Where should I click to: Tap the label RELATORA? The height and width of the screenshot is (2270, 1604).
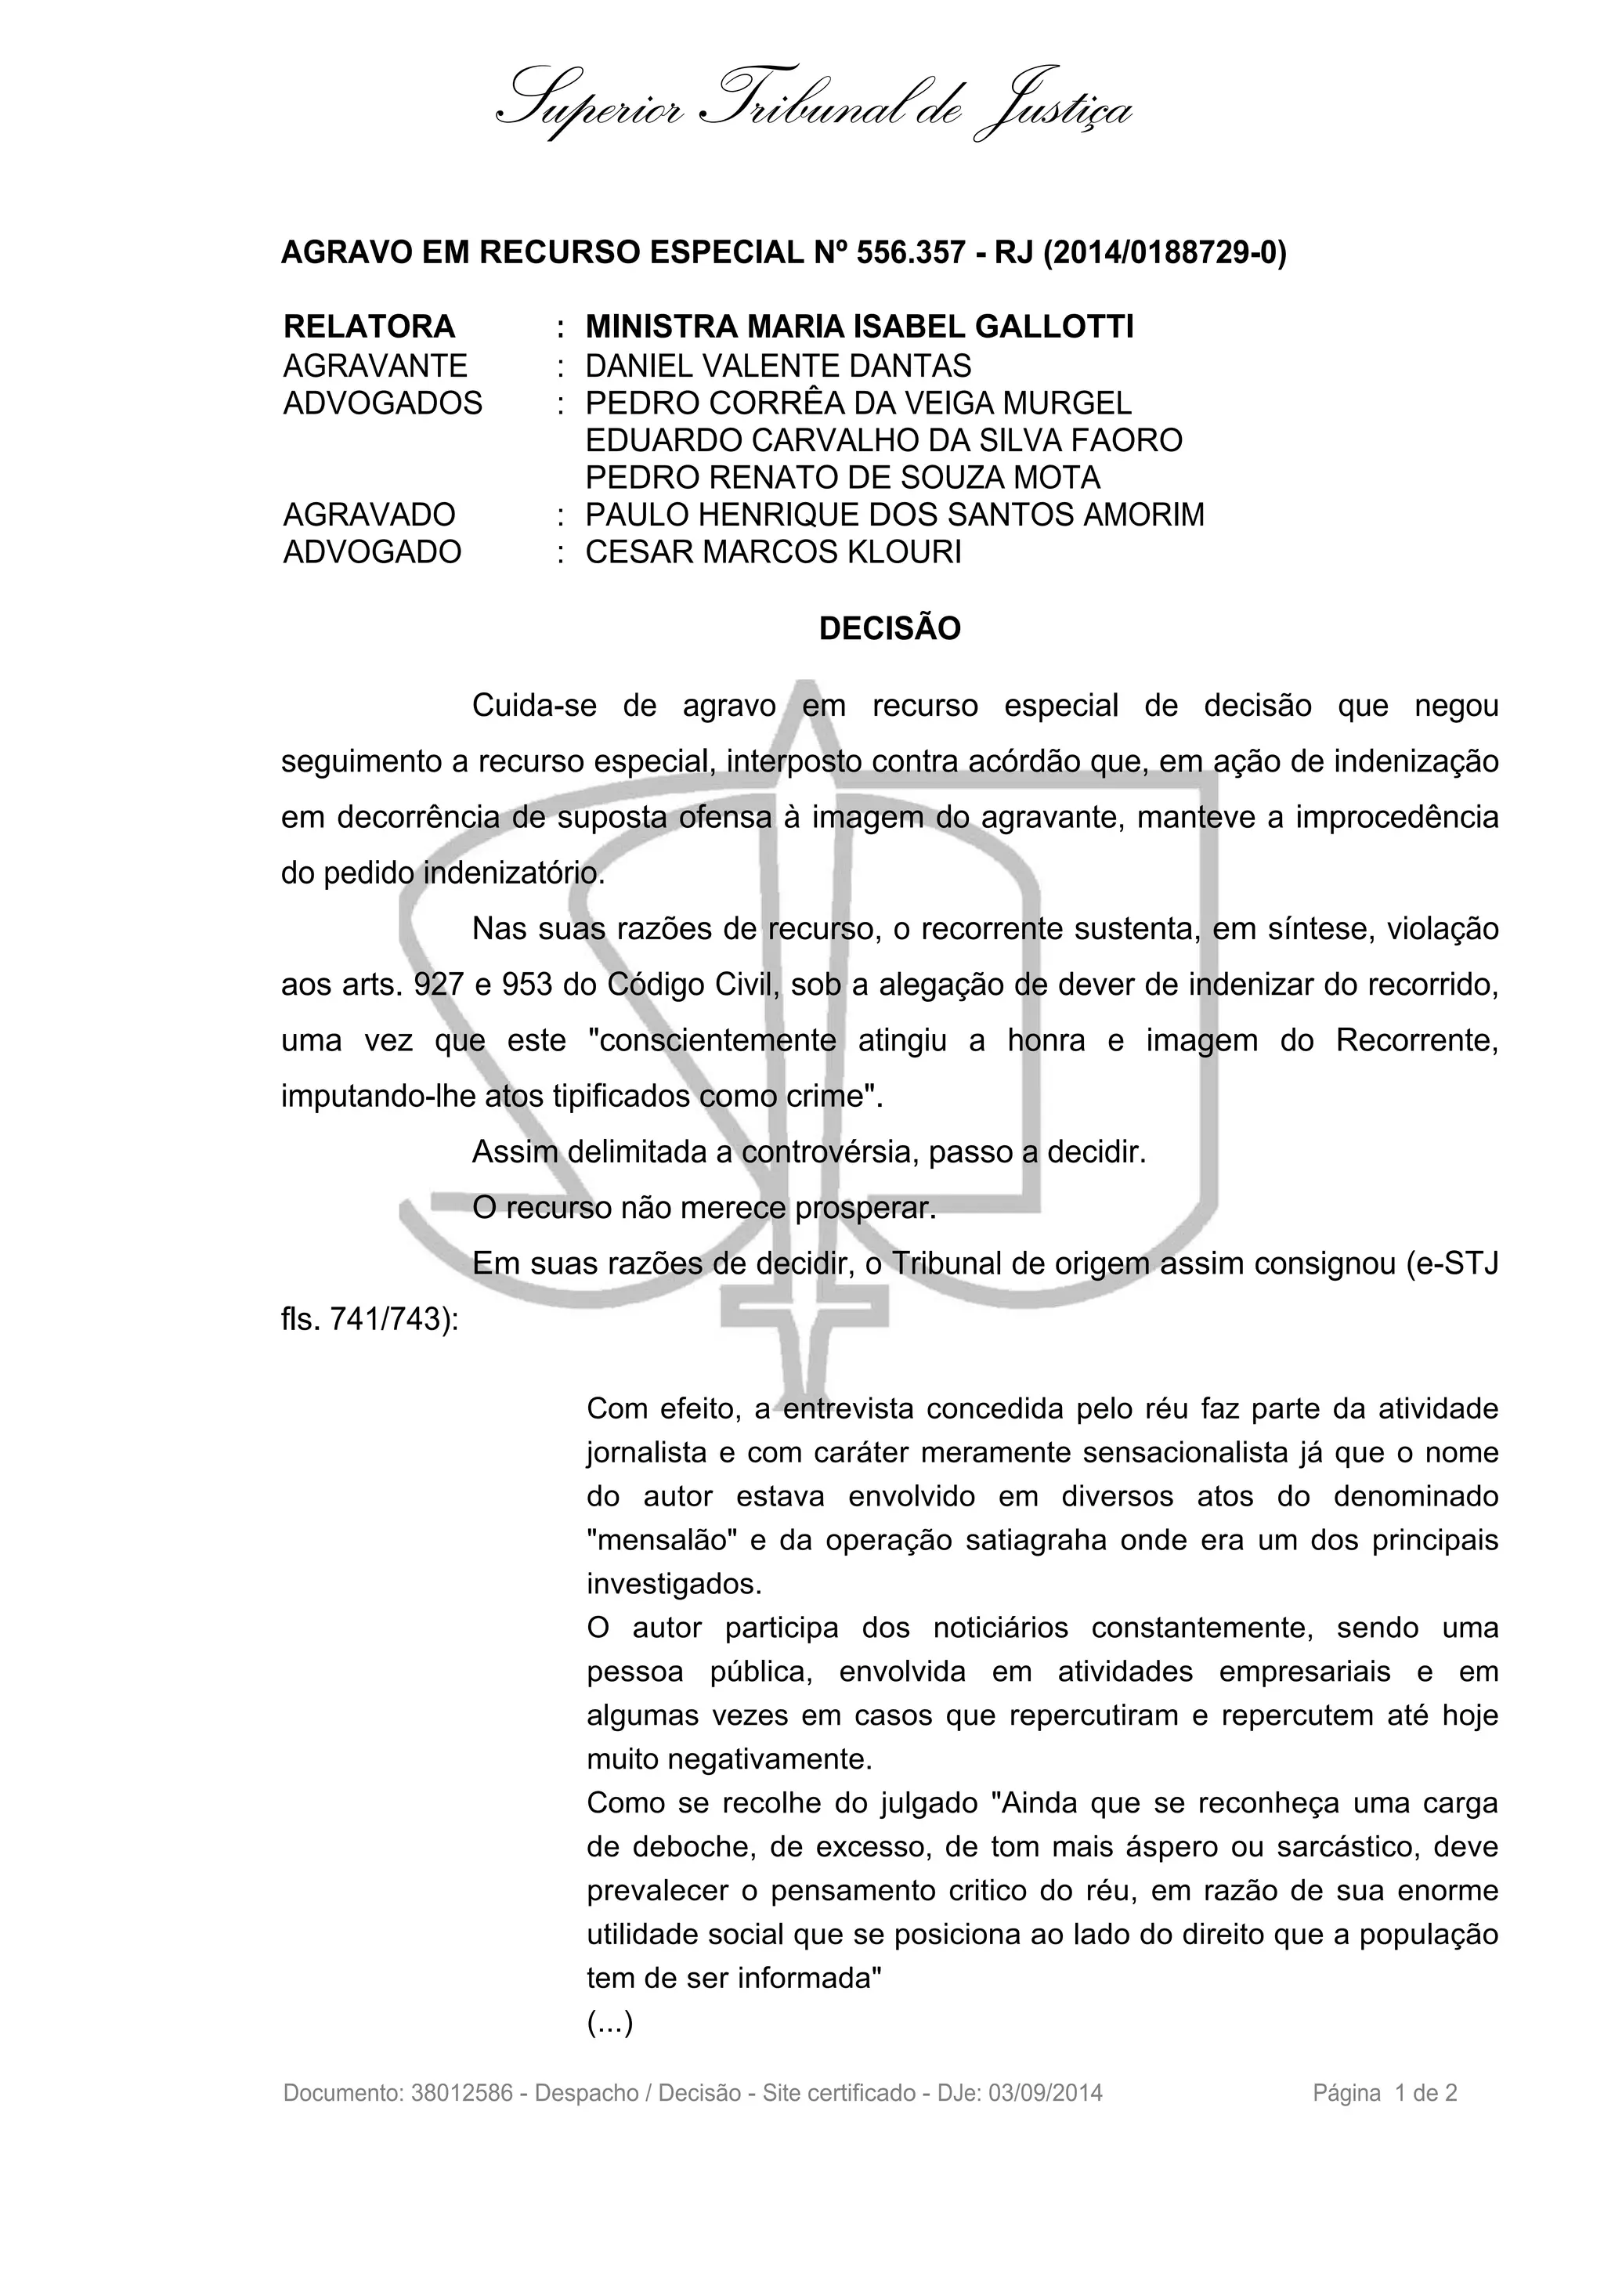369,327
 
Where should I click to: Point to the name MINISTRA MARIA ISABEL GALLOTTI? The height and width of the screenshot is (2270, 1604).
859,327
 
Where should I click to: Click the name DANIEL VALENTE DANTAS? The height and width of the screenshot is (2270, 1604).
778,366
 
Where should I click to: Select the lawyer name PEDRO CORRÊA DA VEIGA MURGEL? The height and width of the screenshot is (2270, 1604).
858,403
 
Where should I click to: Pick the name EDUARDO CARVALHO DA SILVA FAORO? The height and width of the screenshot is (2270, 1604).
883,440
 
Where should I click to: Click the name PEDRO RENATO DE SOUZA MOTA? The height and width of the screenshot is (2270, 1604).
842,478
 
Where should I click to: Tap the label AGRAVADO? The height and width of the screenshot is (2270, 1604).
369,515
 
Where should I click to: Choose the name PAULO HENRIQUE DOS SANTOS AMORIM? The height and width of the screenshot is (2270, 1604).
894,515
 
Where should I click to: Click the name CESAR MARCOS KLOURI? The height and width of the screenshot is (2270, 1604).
773,551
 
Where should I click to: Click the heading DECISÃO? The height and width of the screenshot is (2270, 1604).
890,629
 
